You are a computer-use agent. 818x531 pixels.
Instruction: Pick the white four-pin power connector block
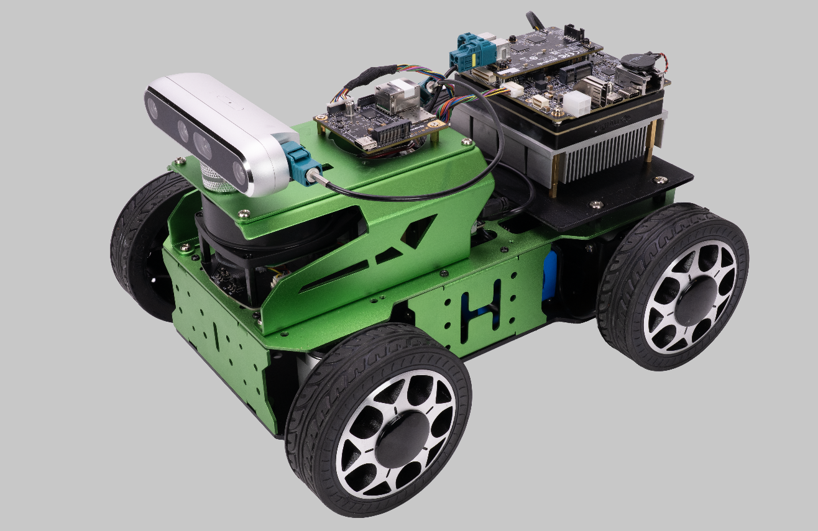pyautogui.click(x=576, y=102)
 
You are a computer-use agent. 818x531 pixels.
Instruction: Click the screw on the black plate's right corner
pyautogui.click(x=661, y=179)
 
